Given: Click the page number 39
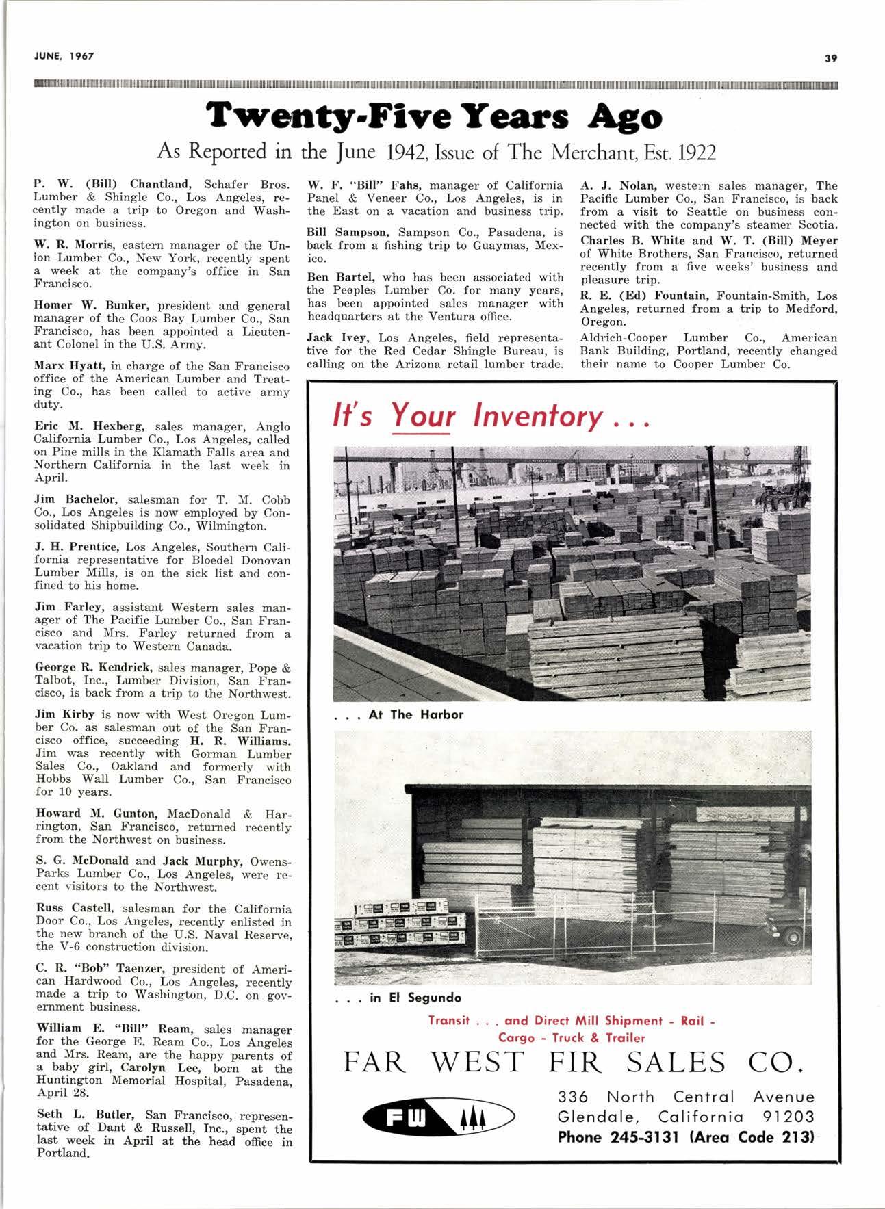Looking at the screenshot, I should pyautogui.click(x=831, y=58).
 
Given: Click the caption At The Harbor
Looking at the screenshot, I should pyautogui.click(x=415, y=714).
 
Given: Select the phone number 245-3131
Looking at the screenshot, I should pyautogui.click(x=641, y=1137).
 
